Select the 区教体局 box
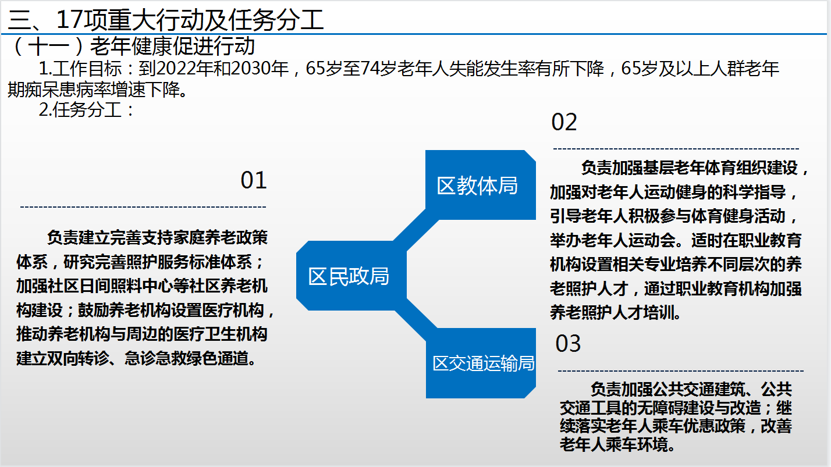pos(481,185)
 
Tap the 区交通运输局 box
pos(481,363)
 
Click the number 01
pos(254,180)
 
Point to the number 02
pos(564,122)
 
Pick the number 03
pos(568,344)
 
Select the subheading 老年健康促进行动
pos(172,46)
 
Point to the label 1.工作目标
pos(80,69)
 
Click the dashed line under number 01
pos(143,207)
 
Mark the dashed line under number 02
pos(676,149)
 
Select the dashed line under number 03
pos(681,370)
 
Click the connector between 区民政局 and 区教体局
pos(416,230)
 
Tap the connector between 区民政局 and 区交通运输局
pos(416,319)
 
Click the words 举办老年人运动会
pos(613,241)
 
